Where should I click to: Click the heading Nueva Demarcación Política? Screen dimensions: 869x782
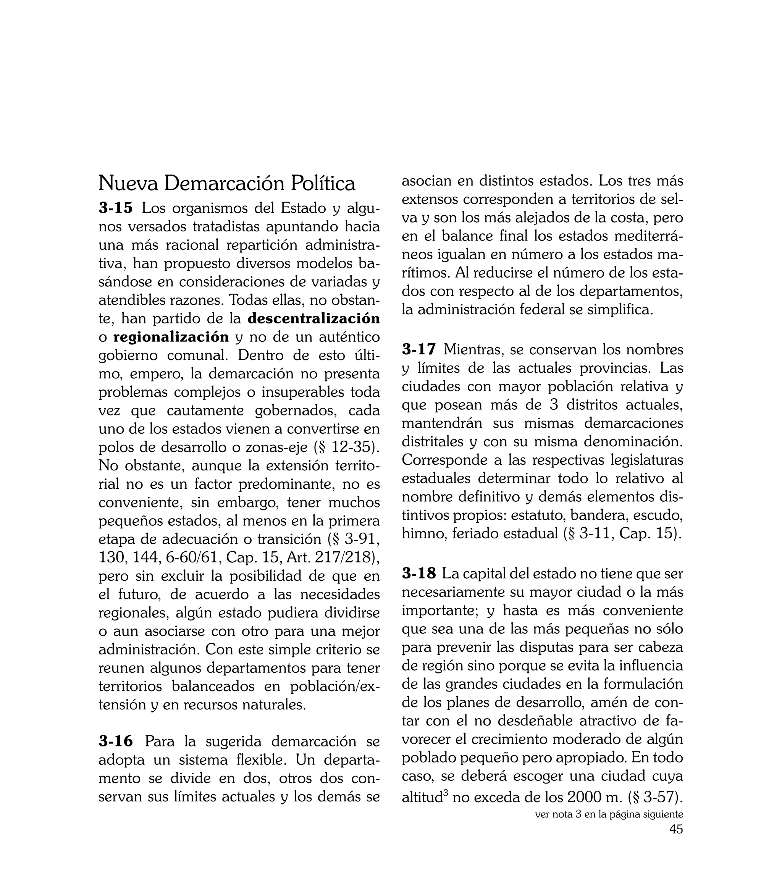227,184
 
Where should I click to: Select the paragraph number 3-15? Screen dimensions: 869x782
116,208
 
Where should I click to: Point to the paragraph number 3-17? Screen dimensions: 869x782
419,350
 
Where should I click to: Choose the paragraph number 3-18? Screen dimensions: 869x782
419,573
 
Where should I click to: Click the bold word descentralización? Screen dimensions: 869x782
314,319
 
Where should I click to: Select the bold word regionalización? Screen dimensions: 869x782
171,337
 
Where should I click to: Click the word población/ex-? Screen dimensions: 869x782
335,686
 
